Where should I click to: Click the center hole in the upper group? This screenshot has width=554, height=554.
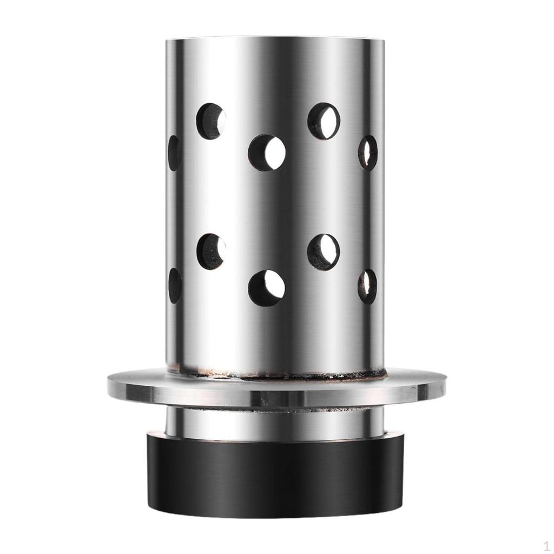pos(266,153)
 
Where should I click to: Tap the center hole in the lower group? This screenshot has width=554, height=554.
pos(266,288)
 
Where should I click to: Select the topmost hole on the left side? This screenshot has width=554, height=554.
pos(210,121)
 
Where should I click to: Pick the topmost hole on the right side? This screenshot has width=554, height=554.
pos(324,121)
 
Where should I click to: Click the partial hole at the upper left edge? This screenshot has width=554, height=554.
pos(174,153)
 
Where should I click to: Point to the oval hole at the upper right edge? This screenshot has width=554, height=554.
pos(367,153)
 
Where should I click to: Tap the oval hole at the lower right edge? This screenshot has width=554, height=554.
pos(367,286)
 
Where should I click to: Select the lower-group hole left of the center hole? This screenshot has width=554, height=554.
pos(210,252)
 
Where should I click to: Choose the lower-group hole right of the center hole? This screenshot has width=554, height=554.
pos(324,252)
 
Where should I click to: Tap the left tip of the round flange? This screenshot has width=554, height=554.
pos(109,385)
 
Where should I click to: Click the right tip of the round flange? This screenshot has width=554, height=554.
pos(445,385)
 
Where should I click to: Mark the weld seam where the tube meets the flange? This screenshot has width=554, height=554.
pos(276,373)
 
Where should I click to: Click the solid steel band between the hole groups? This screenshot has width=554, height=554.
pos(276,203)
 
